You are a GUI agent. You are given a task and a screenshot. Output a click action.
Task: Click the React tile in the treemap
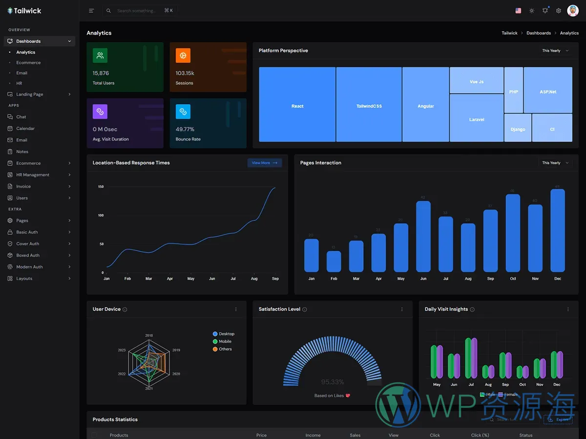(297, 105)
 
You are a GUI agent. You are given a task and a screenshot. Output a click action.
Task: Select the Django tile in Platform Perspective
(518, 128)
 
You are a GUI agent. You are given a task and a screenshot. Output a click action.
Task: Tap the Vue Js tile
(477, 80)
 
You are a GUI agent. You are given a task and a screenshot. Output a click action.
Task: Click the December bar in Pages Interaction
(557, 230)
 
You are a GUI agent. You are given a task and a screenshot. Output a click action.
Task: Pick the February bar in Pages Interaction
(334, 261)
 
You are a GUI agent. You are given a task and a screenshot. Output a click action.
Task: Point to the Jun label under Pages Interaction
(423, 279)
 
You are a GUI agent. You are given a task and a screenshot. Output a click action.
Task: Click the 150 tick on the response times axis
(101, 187)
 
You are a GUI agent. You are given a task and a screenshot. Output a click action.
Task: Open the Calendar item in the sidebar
(25, 128)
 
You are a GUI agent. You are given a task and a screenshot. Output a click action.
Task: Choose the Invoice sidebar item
(23, 186)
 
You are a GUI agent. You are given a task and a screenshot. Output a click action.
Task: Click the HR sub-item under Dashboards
(19, 83)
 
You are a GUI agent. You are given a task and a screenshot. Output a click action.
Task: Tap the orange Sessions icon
(183, 56)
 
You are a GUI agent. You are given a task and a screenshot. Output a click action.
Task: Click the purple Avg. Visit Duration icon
(100, 112)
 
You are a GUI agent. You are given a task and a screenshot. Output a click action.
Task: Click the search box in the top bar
(139, 11)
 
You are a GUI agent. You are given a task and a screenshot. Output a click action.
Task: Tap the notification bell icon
(545, 11)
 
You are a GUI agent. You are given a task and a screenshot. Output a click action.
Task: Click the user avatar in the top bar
(572, 11)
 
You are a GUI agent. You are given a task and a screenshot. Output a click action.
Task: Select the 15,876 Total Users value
(101, 73)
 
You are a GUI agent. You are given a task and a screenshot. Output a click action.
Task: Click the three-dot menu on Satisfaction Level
(402, 309)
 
